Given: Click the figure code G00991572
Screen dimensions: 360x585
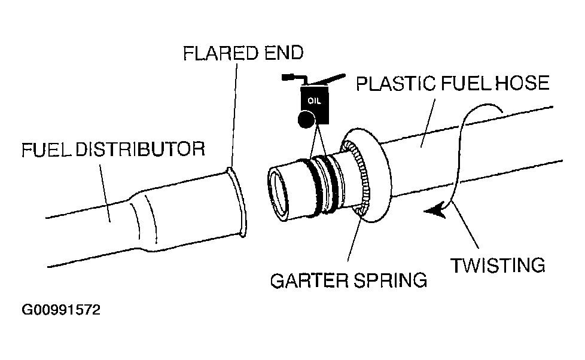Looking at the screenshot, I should (62, 311).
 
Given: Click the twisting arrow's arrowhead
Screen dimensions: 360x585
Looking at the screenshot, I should (435, 211).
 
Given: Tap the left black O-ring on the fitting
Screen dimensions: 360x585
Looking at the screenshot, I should (314, 187).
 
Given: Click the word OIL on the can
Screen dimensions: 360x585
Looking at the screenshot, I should (314, 100).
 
